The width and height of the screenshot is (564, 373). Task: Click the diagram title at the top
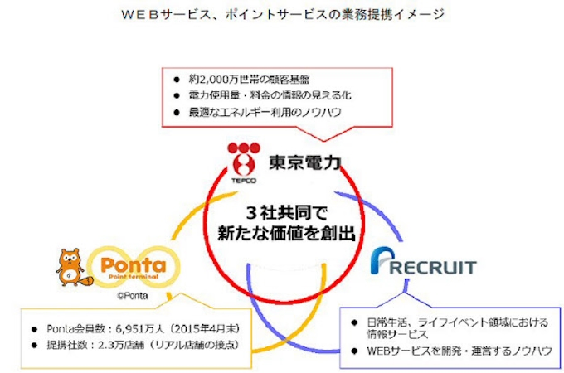point(281,14)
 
